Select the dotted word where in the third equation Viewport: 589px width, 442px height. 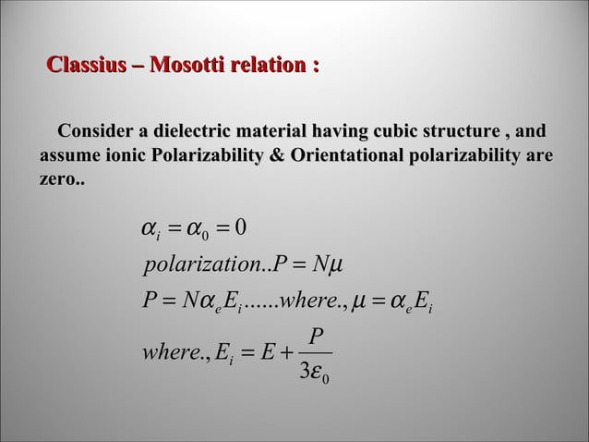(307, 301)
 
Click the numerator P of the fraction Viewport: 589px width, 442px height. (317, 338)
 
